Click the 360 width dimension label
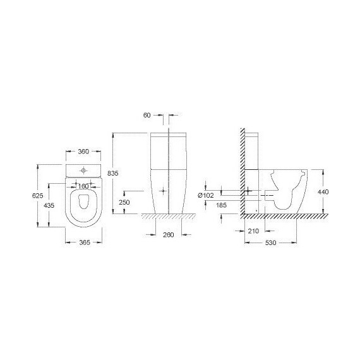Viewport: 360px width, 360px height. pyautogui.click(x=84, y=152)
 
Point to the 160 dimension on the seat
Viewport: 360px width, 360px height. pyautogui.click(x=84, y=186)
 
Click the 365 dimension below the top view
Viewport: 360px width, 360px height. pyautogui.click(x=84, y=243)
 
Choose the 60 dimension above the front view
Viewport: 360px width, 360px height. pyautogui.click(x=147, y=116)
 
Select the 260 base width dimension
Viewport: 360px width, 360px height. pyautogui.click(x=167, y=235)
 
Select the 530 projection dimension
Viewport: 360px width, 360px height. pyautogui.click(x=270, y=243)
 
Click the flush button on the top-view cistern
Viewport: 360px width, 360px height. pyautogui.click(x=84, y=169)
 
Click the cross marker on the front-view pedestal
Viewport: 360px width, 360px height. pyautogui.click(x=164, y=189)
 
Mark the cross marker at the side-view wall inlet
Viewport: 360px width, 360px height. pyautogui.click(x=249, y=191)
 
